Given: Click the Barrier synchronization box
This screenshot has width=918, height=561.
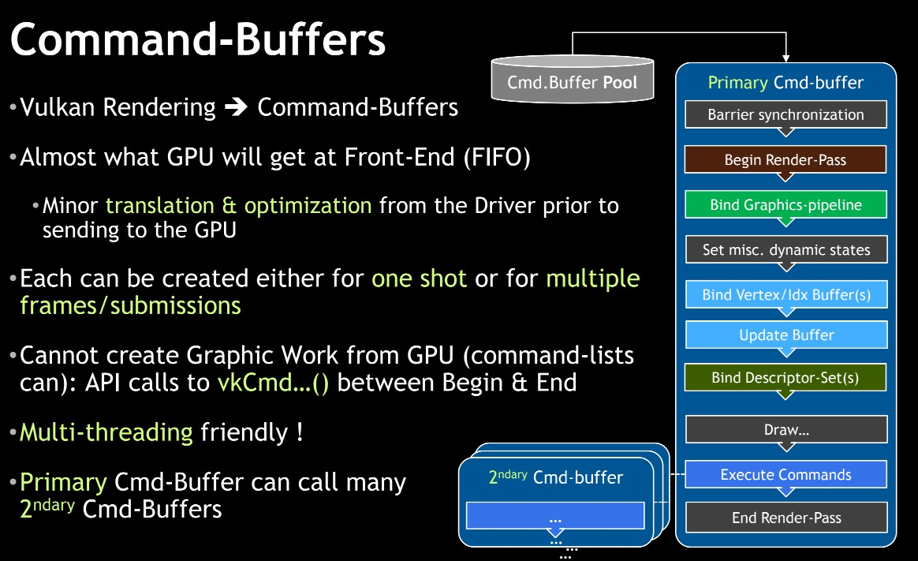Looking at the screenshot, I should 786,114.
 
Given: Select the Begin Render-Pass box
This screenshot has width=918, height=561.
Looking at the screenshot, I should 786,159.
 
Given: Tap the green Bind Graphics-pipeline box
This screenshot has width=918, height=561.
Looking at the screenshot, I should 786,205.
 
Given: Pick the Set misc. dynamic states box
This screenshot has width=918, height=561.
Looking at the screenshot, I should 786,250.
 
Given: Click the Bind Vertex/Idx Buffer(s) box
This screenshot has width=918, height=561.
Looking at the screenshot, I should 786,295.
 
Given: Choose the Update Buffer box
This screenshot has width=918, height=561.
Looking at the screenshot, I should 786,335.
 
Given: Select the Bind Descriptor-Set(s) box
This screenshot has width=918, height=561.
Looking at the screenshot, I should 786,377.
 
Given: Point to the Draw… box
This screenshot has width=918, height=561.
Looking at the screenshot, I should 786,430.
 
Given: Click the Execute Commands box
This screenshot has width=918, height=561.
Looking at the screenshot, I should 786,474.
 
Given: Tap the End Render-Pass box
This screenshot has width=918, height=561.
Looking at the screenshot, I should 786,518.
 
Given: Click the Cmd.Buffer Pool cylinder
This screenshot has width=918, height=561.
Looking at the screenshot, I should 572,81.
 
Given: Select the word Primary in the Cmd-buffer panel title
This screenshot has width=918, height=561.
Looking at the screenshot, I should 737,83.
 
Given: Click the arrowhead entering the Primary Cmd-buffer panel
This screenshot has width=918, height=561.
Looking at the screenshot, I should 786,58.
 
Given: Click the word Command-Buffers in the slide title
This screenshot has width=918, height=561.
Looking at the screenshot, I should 198,39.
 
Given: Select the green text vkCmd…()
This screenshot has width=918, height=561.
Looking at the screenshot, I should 273,383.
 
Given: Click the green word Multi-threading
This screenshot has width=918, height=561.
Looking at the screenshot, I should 106,432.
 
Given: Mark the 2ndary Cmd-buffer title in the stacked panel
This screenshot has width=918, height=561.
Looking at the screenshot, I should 555,477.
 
